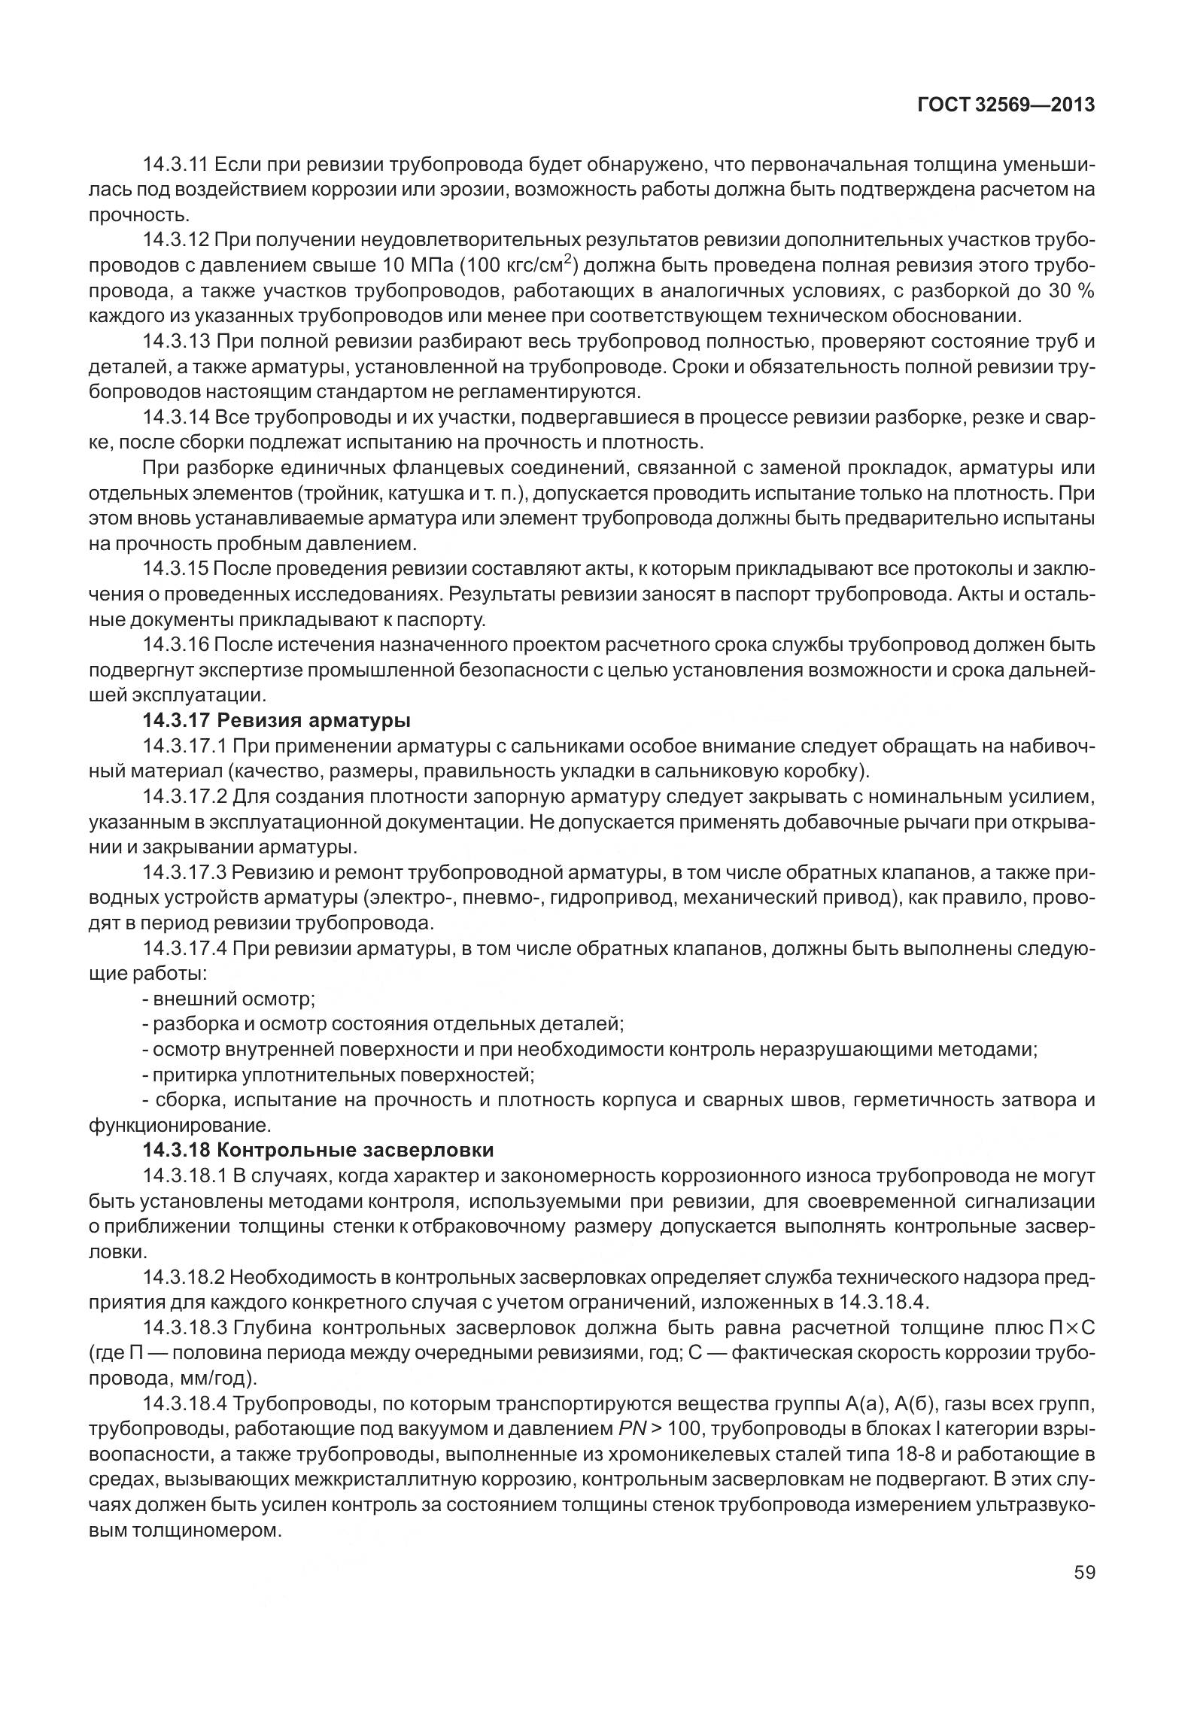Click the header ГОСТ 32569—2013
1006,105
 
